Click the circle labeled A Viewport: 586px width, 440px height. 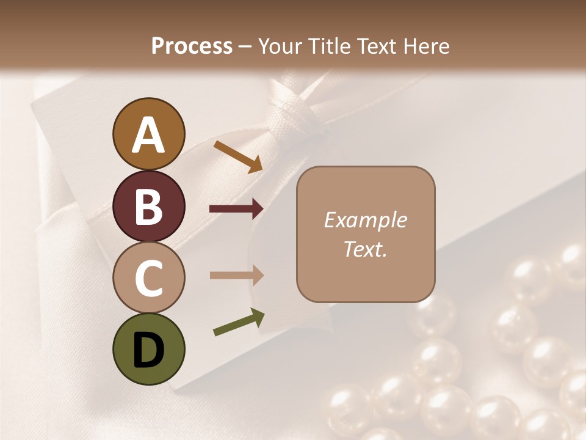(x=149, y=134)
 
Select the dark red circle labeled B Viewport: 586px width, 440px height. (x=149, y=206)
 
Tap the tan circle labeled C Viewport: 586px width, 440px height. (x=149, y=277)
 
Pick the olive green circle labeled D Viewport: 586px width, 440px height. (x=149, y=349)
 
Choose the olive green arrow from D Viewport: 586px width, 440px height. (x=239, y=322)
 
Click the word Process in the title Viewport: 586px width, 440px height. (x=192, y=46)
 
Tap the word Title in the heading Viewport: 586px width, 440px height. (x=330, y=46)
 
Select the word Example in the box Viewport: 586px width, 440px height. (x=365, y=220)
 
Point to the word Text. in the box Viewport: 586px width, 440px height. (x=365, y=249)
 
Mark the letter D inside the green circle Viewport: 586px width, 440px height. (x=149, y=351)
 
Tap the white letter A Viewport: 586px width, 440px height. (x=149, y=135)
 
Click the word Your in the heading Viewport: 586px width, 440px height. (x=281, y=46)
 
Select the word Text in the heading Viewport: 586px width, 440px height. (x=376, y=46)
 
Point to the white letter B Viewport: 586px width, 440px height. (x=149, y=207)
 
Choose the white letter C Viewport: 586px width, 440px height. (x=149, y=279)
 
